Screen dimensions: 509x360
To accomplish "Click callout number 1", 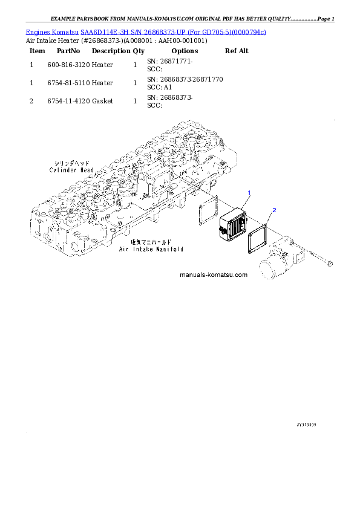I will point(248,192).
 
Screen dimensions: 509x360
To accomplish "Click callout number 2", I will point(274,210).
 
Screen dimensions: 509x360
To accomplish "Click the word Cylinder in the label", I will point(63,170).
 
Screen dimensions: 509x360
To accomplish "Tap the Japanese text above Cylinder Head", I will point(71,164).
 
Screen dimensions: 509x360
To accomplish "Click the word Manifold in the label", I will point(168,248).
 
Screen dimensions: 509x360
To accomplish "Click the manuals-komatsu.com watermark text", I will point(214,274).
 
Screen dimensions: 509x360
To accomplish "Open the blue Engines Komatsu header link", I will point(145,31).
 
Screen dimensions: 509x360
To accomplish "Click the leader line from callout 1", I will point(245,201).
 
